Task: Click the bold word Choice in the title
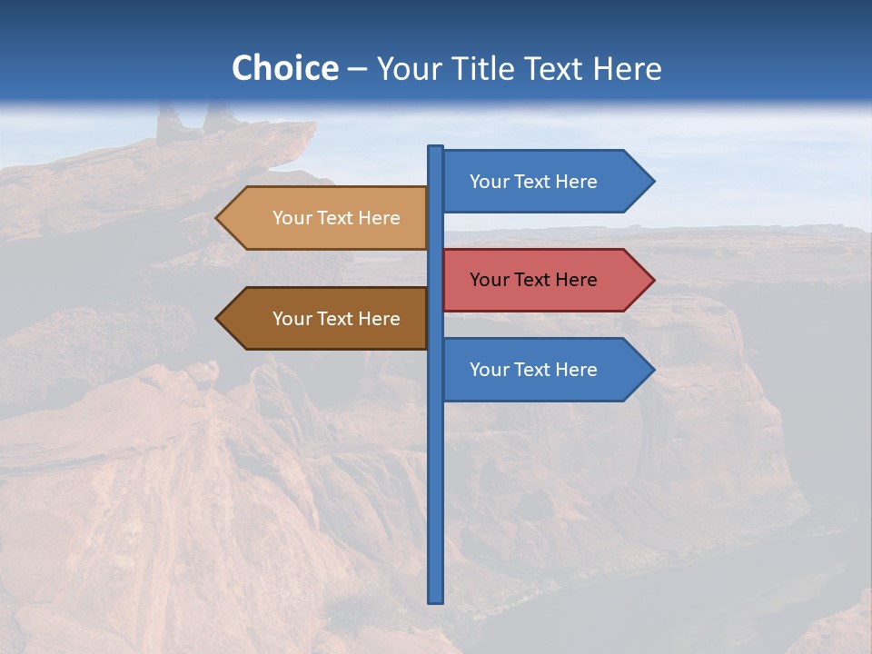click(x=284, y=68)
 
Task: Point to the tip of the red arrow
click(x=652, y=280)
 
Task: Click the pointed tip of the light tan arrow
click(x=218, y=218)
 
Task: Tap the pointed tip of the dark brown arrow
click(x=218, y=319)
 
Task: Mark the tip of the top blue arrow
click(x=652, y=182)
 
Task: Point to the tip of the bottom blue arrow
click(x=652, y=370)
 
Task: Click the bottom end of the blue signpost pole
click(x=436, y=599)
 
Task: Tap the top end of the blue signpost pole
click(x=436, y=148)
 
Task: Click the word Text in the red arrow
click(x=533, y=280)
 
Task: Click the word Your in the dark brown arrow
click(x=291, y=319)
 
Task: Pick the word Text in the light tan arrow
click(x=336, y=218)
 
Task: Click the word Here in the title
click(x=628, y=68)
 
